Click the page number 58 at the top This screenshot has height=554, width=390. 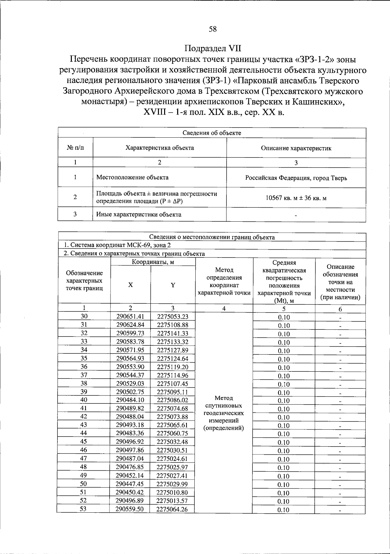tap(213, 29)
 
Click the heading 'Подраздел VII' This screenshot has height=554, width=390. tap(213, 48)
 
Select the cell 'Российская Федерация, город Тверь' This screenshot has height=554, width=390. tap(296, 178)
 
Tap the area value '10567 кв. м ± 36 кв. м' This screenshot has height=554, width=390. tap(296, 198)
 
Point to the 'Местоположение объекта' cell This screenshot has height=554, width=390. tap(132, 177)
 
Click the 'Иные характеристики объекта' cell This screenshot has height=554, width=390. tap(139, 215)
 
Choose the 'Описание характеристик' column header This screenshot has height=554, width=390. tap(296, 148)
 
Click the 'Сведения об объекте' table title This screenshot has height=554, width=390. tap(212, 133)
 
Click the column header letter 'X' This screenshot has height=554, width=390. tap(130, 285)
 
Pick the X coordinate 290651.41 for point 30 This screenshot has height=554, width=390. tap(130, 316)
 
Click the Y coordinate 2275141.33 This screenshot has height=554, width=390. tap(172, 333)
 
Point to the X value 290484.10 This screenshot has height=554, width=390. tap(130, 400)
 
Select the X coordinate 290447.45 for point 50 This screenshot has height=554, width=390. tap(130, 484)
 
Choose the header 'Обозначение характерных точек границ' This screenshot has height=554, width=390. tap(84, 281)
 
